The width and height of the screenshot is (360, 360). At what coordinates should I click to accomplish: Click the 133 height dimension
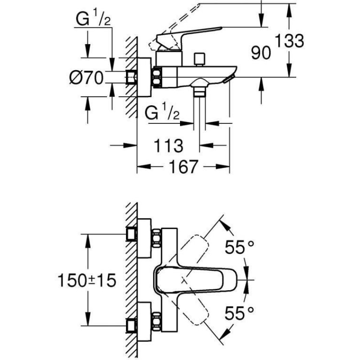[289, 41]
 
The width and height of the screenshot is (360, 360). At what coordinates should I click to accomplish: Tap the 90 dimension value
[261, 53]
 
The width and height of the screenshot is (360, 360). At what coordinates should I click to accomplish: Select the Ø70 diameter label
[86, 77]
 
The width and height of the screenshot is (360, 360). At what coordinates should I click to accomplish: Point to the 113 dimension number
[168, 145]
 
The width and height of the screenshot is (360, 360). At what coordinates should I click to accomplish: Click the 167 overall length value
[183, 166]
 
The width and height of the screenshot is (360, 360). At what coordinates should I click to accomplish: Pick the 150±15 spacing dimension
[87, 280]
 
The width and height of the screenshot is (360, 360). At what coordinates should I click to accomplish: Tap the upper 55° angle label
[239, 247]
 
